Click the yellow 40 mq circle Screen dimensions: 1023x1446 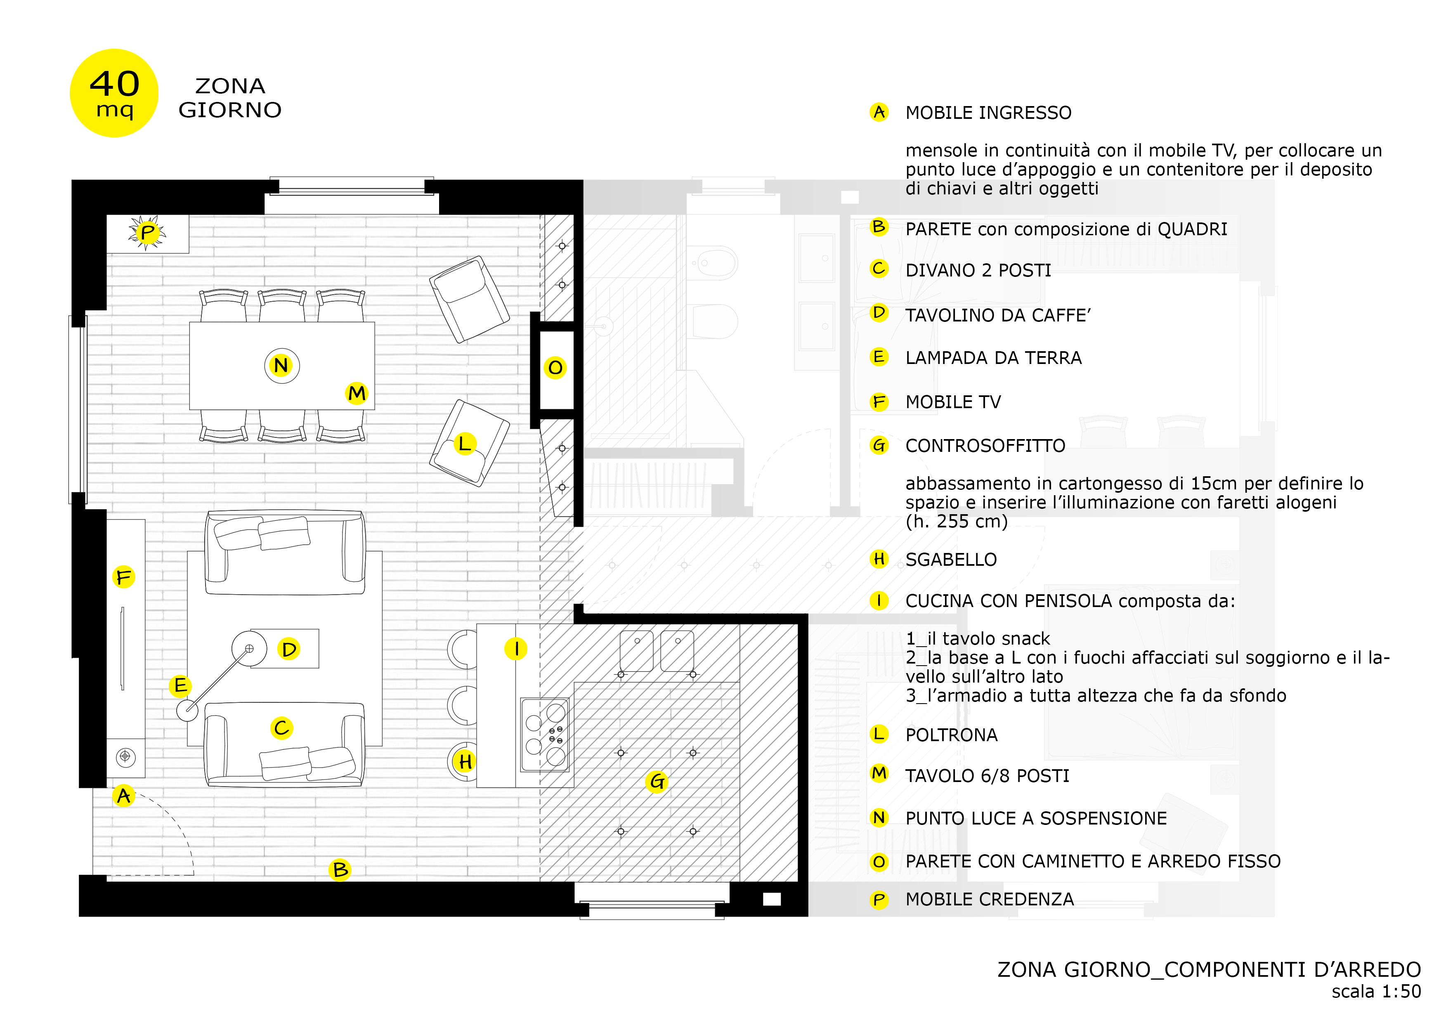(x=114, y=93)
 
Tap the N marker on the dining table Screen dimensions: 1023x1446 (x=281, y=365)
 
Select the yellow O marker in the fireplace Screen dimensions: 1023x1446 (x=555, y=368)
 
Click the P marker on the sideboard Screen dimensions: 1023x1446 (x=147, y=232)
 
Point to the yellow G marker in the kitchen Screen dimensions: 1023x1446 (x=657, y=782)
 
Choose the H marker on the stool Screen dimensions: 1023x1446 (x=465, y=762)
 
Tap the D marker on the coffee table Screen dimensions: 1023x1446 (x=289, y=649)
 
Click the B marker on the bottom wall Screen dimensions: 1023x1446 (x=340, y=870)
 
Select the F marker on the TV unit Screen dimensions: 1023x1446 (x=123, y=577)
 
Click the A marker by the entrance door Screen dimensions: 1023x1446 (x=124, y=796)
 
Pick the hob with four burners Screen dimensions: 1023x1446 (x=545, y=735)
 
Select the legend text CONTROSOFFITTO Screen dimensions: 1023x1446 (x=985, y=446)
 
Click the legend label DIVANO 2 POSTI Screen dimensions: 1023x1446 (x=978, y=270)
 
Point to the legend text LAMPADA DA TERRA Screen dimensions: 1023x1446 (x=993, y=358)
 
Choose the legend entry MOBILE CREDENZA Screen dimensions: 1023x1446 (x=990, y=900)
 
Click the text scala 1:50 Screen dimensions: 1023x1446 (x=1375, y=992)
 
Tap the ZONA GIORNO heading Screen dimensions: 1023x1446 (x=230, y=98)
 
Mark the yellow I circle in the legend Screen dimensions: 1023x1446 (x=879, y=601)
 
